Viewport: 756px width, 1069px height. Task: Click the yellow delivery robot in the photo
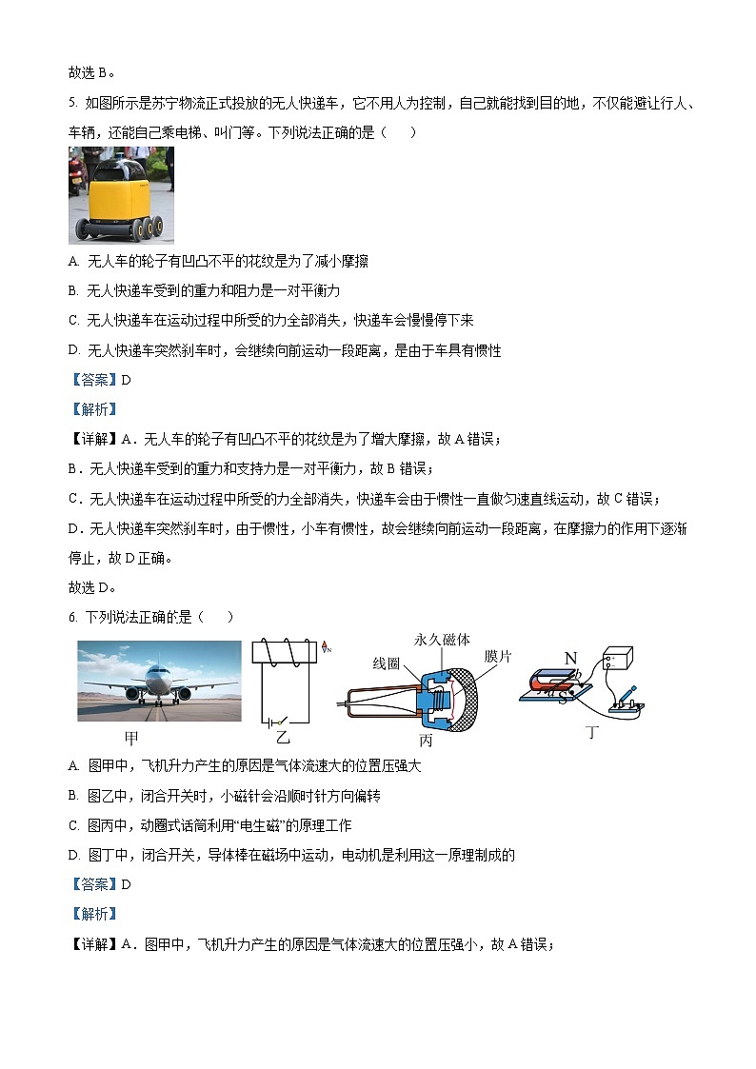point(116,203)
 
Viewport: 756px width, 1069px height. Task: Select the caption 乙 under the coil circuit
point(283,736)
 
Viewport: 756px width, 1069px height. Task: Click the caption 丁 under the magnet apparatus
point(592,732)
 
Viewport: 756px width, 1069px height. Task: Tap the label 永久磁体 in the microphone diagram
point(442,640)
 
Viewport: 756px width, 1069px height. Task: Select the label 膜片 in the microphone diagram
point(498,657)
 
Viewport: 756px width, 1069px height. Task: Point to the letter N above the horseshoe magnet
point(570,658)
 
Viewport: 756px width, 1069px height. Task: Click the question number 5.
point(72,103)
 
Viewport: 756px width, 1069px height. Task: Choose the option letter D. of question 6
point(74,855)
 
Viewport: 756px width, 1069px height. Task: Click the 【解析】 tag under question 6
point(91,914)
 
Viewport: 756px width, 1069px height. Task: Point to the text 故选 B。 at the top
point(91,72)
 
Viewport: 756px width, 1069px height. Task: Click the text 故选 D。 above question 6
point(91,587)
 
